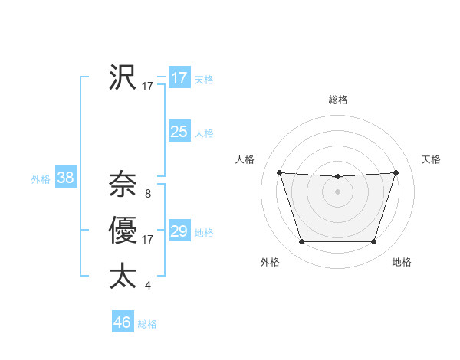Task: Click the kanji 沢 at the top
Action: (x=123, y=77)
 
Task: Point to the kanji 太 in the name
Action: (x=123, y=277)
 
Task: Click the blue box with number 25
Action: (x=179, y=132)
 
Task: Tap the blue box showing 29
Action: (x=179, y=231)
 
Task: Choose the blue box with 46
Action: (x=123, y=322)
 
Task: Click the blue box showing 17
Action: (x=179, y=78)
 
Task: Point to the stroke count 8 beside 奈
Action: (x=147, y=194)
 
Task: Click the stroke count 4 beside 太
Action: (x=147, y=286)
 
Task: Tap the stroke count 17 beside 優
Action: (x=147, y=240)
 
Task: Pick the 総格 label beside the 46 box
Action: (x=147, y=324)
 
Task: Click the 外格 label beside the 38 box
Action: (x=41, y=179)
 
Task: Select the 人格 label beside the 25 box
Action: (x=204, y=133)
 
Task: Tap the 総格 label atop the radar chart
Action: (x=337, y=100)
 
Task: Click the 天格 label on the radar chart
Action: (x=431, y=159)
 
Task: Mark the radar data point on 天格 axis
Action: (x=396, y=172)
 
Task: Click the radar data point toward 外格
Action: (x=301, y=242)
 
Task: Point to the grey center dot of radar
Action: (x=337, y=191)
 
